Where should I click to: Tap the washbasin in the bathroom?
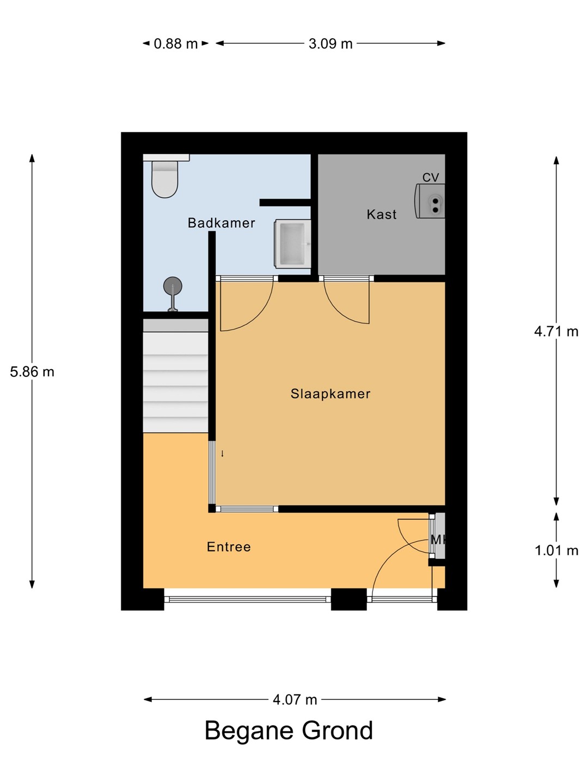click(x=293, y=244)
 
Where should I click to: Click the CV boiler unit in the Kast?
click(x=430, y=201)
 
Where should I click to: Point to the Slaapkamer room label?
click(x=330, y=394)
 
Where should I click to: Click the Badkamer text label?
click(x=222, y=223)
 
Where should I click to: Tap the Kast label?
click(x=382, y=214)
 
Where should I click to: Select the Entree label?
click(x=229, y=547)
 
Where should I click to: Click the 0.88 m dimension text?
click(x=176, y=44)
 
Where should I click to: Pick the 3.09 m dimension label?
click(x=330, y=44)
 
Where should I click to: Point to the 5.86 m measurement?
click(x=32, y=372)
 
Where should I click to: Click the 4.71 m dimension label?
click(x=556, y=332)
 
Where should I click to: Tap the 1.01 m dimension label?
click(x=556, y=550)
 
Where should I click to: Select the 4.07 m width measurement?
click(x=295, y=699)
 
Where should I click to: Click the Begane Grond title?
click(x=289, y=731)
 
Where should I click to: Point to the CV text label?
click(x=431, y=177)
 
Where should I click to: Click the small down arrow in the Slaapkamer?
click(x=223, y=453)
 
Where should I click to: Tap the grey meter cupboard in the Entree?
click(x=440, y=536)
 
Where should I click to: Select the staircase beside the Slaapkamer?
click(x=176, y=376)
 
